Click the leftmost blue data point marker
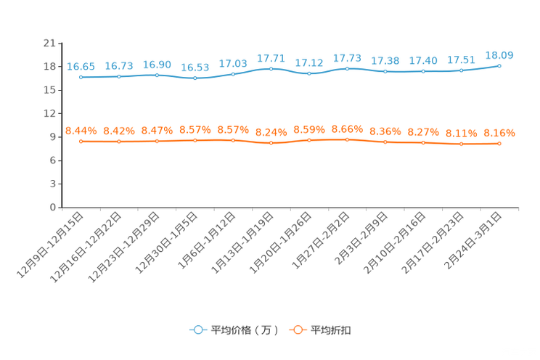(x=81, y=76)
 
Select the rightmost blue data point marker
(x=499, y=65)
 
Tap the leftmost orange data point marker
(x=81, y=142)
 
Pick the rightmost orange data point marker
(x=499, y=144)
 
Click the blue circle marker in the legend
(x=197, y=330)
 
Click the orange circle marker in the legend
(x=297, y=330)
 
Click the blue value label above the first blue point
(x=81, y=66)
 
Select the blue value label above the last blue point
(x=499, y=55)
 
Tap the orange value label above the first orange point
(x=81, y=131)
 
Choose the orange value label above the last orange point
(x=499, y=134)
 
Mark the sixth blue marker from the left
(x=271, y=68)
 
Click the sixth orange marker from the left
(x=271, y=143)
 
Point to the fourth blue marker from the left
(x=195, y=78)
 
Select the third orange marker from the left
(x=157, y=141)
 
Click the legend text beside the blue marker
(x=244, y=330)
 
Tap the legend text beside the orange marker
(x=331, y=330)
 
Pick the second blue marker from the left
(x=119, y=75)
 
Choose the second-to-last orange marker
(x=461, y=144)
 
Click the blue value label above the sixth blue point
(x=271, y=58)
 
